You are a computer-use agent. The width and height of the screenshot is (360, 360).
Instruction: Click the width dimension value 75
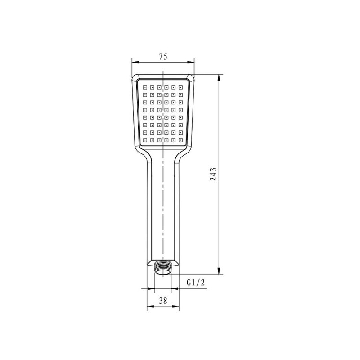click(x=163, y=57)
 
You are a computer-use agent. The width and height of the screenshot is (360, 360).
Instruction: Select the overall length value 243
click(x=213, y=174)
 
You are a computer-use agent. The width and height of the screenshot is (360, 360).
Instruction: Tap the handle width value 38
click(x=163, y=301)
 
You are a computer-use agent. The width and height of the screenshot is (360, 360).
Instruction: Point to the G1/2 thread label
click(x=196, y=282)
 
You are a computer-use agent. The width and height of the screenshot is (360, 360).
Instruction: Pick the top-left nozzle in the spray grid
click(x=145, y=87)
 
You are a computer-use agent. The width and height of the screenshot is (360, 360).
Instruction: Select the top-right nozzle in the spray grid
click(x=181, y=87)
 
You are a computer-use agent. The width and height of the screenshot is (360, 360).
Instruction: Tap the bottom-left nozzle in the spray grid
click(x=145, y=140)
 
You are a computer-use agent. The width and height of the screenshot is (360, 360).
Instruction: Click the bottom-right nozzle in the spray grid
click(x=181, y=140)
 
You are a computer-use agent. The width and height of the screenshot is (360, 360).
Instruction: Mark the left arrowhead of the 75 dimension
click(x=135, y=62)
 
